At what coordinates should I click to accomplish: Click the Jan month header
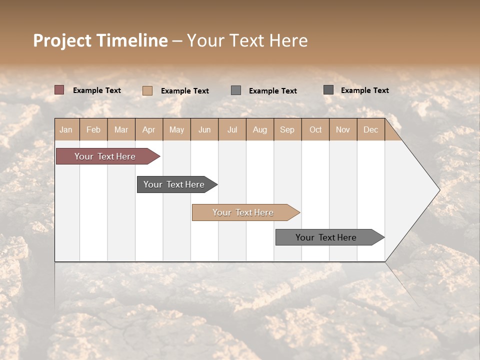pyautogui.click(x=66, y=129)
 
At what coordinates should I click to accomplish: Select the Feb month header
pyautogui.click(x=93, y=129)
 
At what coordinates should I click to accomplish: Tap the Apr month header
pyautogui.click(x=148, y=129)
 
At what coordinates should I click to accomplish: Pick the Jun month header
pyautogui.click(x=204, y=129)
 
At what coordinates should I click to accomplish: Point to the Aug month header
pyautogui.click(x=259, y=129)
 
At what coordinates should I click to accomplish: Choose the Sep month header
pyautogui.click(x=287, y=129)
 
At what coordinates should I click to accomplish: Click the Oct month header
pyautogui.click(x=315, y=129)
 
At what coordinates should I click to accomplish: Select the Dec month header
pyautogui.click(x=370, y=129)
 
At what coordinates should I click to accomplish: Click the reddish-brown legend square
pyautogui.click(x=59, y=90)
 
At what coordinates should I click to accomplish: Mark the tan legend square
pyautogui.click(x=147, y=90)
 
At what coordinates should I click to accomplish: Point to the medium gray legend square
pyautogui.click(x=236, y=90)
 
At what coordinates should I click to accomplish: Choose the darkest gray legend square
pyautogui.click(x=328, y=90)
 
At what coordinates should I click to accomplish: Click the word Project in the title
pyautogui.click(x=62, y=40)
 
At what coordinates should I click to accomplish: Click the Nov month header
pyautogui.click(x=343, y=129)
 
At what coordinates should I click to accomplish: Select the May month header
pyautogui.click(x=176, y=129)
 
